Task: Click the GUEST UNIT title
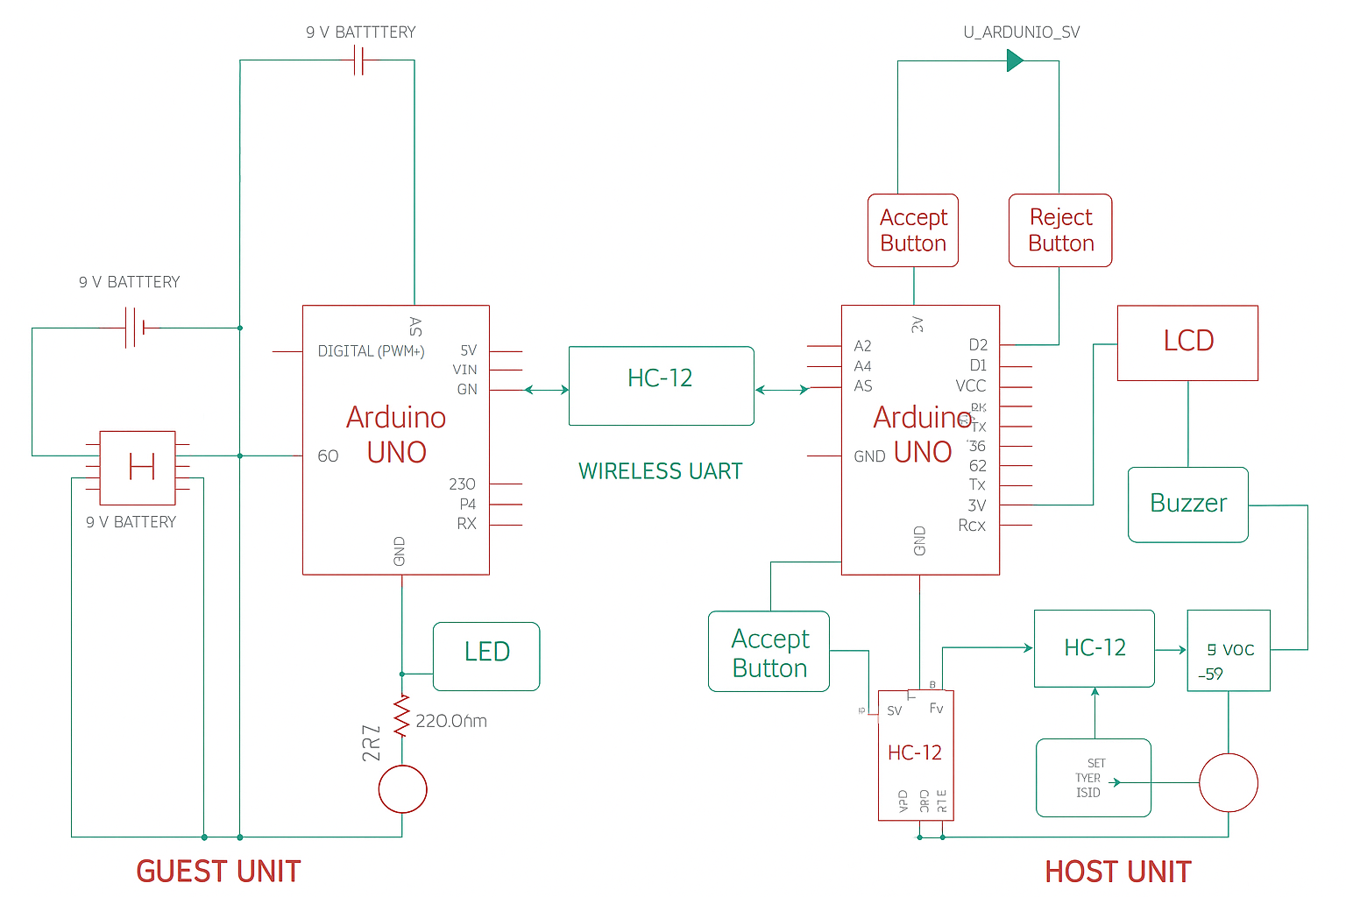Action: (218, 872)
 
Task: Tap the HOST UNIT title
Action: (1118, 872)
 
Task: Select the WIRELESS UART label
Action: (660, 471)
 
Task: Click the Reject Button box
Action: (1060, 230)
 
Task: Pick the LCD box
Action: (1187, 343)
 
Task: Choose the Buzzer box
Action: (1187, 505)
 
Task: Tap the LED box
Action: (486, 656)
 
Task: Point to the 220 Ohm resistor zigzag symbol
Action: (402, 717)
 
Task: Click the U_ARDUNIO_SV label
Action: (1021, 32)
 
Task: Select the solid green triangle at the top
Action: (1015, 60)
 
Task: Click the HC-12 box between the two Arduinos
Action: (661, 385)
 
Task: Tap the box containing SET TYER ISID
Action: (1093, 778)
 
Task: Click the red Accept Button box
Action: (913, 230)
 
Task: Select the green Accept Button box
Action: (769, 652)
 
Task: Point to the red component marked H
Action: (138, 468)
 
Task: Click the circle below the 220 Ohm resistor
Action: (402, 789)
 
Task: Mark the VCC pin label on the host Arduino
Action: (970, 386)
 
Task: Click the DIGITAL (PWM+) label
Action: (371, 351)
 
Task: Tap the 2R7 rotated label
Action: (372, 743)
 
